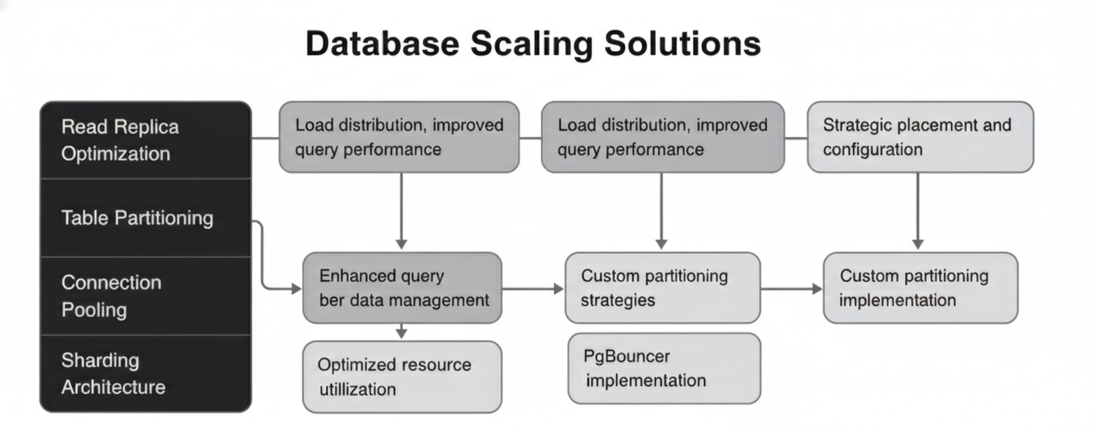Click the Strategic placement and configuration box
(920, 137)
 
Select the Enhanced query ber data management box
(402, 288)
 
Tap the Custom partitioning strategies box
(662, 288)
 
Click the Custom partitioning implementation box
(920, 288)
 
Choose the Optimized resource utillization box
(402, 377)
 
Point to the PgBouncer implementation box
(664, 369)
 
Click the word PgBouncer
(626, 356)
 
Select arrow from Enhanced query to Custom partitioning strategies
(533, 289)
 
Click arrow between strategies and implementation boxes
(792, 289)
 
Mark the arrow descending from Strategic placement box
(918, 211)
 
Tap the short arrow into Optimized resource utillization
(401, 332)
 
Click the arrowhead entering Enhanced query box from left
(296, 289)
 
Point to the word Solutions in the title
(682, 44)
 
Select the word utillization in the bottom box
(357, 389)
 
